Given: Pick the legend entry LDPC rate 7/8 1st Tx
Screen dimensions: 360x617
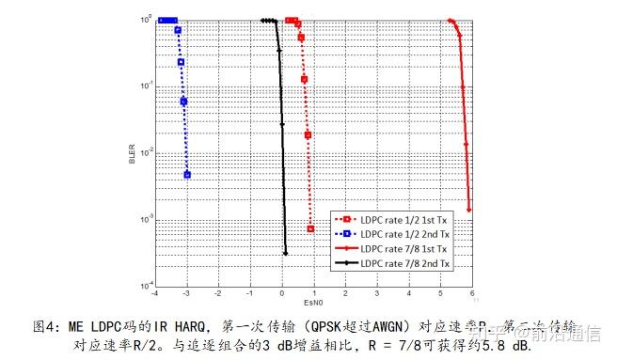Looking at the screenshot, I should click(x=405, y=248).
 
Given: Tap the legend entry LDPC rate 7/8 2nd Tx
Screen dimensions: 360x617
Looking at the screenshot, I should click(x=405, y=262).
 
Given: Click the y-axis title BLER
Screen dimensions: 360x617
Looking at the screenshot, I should click(x=133, y=152).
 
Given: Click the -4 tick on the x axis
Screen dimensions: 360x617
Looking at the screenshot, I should click(x=155, y=293).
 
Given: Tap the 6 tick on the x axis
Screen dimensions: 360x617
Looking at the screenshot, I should click(x=471, y=293).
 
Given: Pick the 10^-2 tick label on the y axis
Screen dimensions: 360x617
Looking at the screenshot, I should click(x=147, y=152).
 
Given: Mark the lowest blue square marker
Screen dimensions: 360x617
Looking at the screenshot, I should click(x=187, y=175).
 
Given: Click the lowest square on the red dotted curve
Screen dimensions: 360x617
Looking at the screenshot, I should click(x=310, y=228).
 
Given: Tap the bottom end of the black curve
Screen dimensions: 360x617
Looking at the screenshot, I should click(x=285, y=252).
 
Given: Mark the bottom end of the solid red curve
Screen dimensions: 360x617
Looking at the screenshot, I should click(x=468, y=209).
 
